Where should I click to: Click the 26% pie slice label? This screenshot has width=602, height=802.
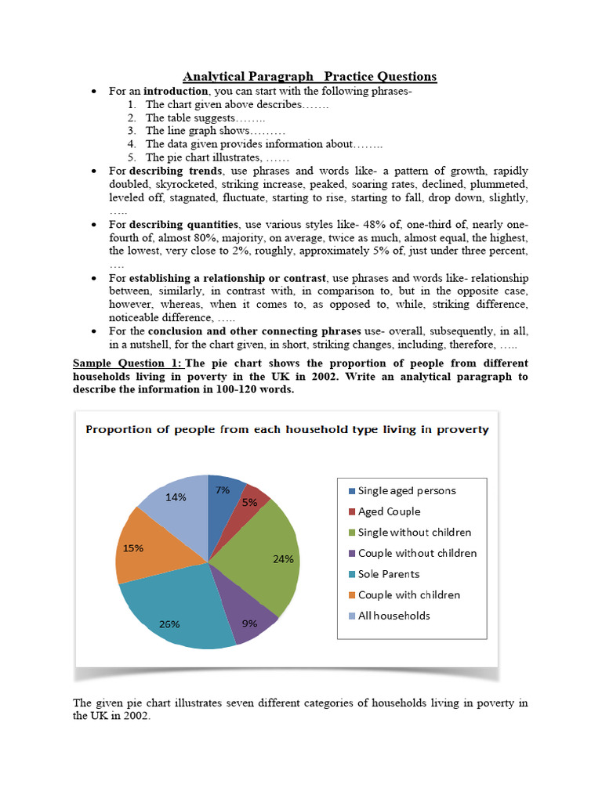[169, 624]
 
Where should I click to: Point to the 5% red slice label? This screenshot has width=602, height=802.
[250, 502]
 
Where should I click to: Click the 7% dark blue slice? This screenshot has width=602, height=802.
[223, 492]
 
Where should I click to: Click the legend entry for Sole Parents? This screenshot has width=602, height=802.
[389, 574]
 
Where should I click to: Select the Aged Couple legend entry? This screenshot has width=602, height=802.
[389, 511]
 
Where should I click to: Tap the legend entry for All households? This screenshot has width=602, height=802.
[393, 616]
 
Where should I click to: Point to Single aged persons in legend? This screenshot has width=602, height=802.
[406, 491]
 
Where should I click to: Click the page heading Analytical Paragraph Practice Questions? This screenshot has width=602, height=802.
[310, 76]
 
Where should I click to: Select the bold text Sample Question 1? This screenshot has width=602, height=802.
[127, 363]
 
